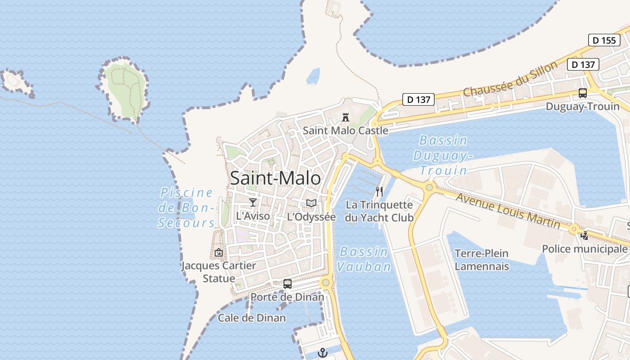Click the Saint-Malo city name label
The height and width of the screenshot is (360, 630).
click(x=275, y=178)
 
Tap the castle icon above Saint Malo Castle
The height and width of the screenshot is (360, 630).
click(x=346, y=117)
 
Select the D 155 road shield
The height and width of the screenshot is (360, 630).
click(x=604, y=40)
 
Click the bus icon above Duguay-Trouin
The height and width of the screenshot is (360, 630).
click(x=583, y=94)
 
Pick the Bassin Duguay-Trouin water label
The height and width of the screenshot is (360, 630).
click(x=443, y=155)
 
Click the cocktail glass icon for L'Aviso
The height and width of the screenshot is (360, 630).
click(x=253, y=202)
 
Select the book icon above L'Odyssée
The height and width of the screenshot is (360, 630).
click(x=311, y=203)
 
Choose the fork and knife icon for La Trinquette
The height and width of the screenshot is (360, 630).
click(x=379, y=192)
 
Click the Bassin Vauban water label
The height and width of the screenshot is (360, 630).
click(x=364, y=259)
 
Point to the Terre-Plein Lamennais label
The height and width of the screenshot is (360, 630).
click(x=481, y=260)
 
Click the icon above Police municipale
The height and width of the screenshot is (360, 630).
click(x=585, y=235)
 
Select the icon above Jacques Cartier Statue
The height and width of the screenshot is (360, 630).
click(x=219, y=252)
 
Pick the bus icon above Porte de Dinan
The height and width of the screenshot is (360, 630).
click(x=288, y=284)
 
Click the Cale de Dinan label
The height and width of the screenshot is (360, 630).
click(x=252, y=318)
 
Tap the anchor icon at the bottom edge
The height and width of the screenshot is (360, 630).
click(x=322, y=353)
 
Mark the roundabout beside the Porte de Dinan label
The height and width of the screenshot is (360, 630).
click(x=326, y=283)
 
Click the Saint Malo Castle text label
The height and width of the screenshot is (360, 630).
click(x=345, y=130)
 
